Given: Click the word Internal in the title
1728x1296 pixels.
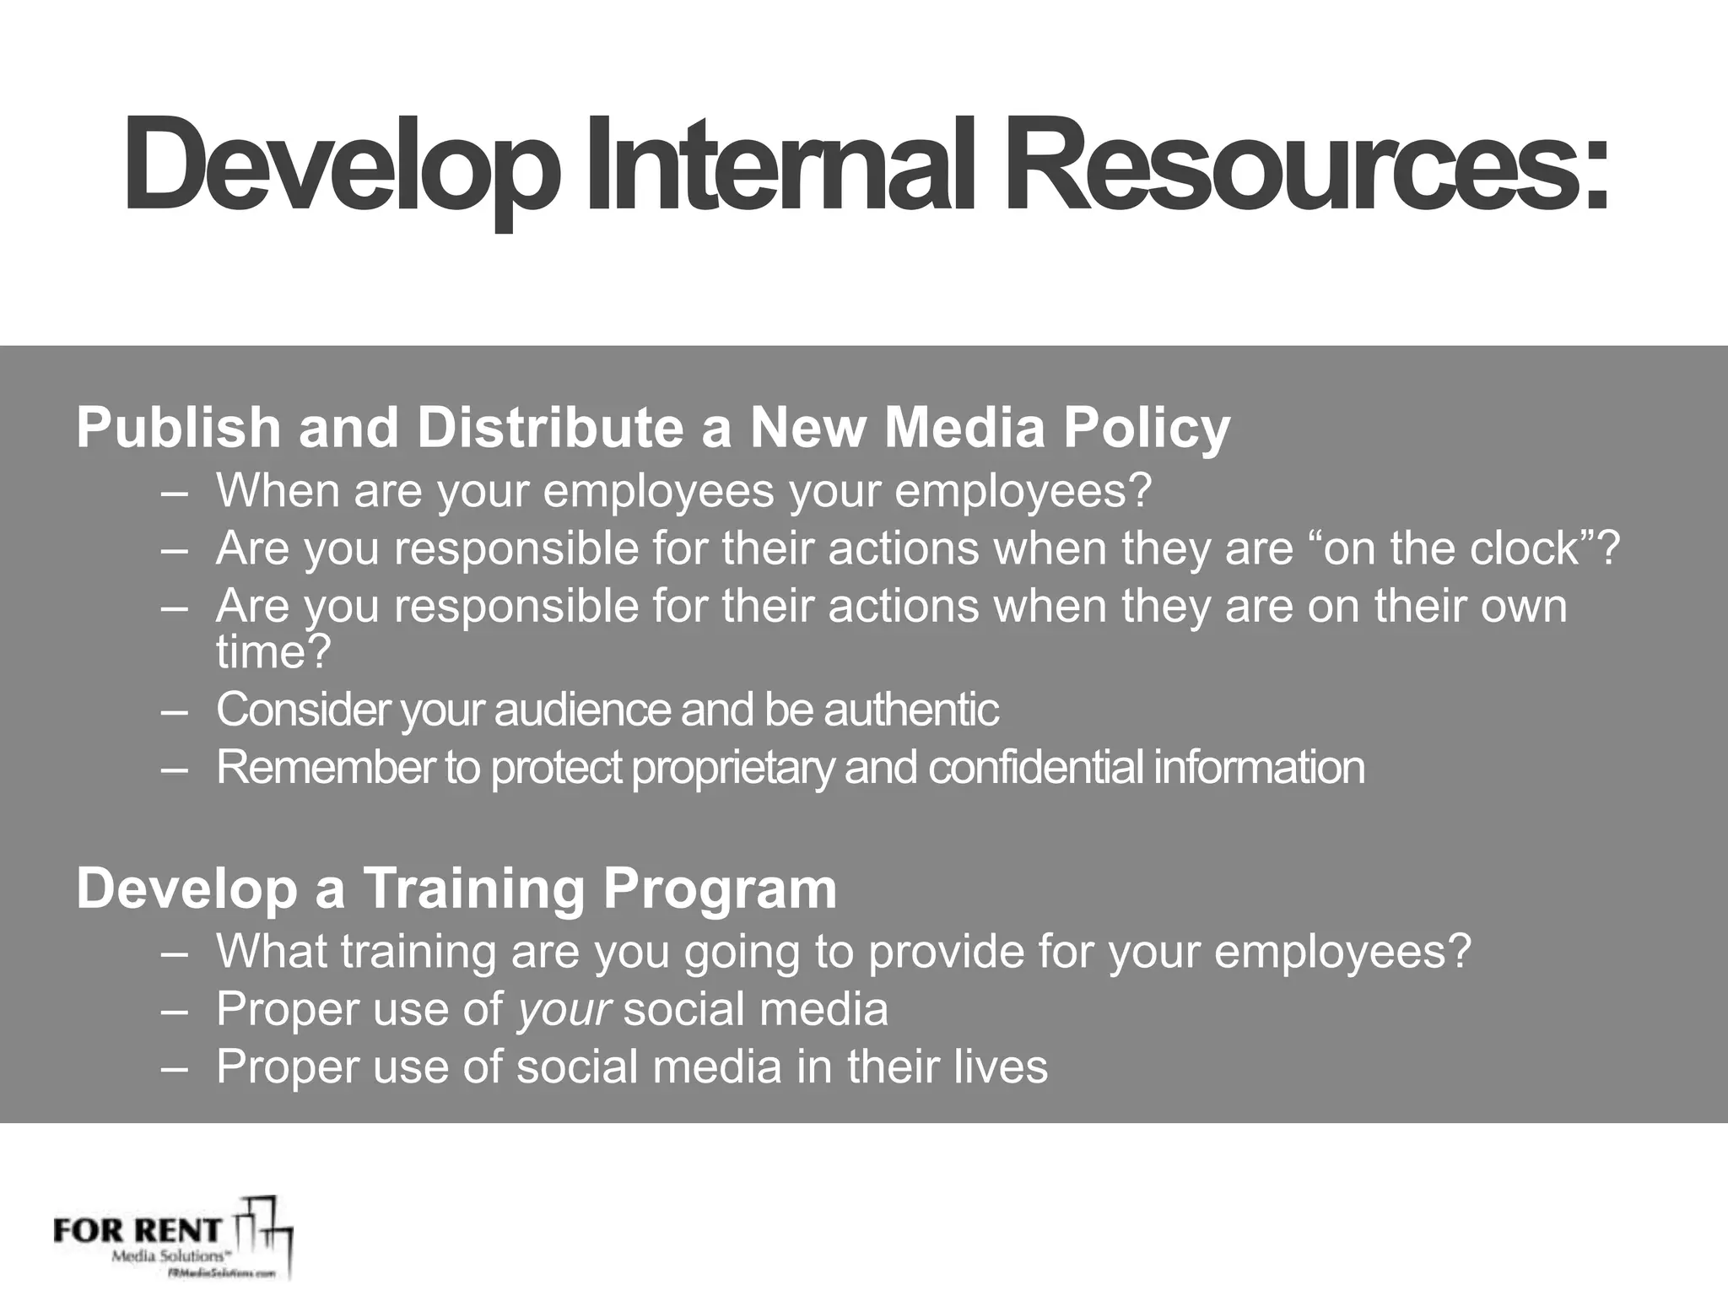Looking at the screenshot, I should pyautogui.click(x=780, y=166).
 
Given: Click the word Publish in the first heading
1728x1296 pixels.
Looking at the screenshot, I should pyautogui.click(x=180, y=428).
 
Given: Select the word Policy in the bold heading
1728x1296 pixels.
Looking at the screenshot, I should pyautogui.click(x=1146, y=428).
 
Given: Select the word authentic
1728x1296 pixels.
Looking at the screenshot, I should pyautogui.click(x=911, y=710).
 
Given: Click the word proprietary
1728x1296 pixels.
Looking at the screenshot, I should pyautogui.click(x=732, y=768).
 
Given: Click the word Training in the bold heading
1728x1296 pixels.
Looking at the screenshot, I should pyautogui.click(x=475, y=888).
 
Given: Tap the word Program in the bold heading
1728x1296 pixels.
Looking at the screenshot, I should pyautogui.click(x=720, y=889).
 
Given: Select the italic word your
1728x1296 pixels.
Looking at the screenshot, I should pyautogui.click(x=564, y=1010).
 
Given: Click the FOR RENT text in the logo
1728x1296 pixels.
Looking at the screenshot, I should pyautogui.click(x=137, y=1230).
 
